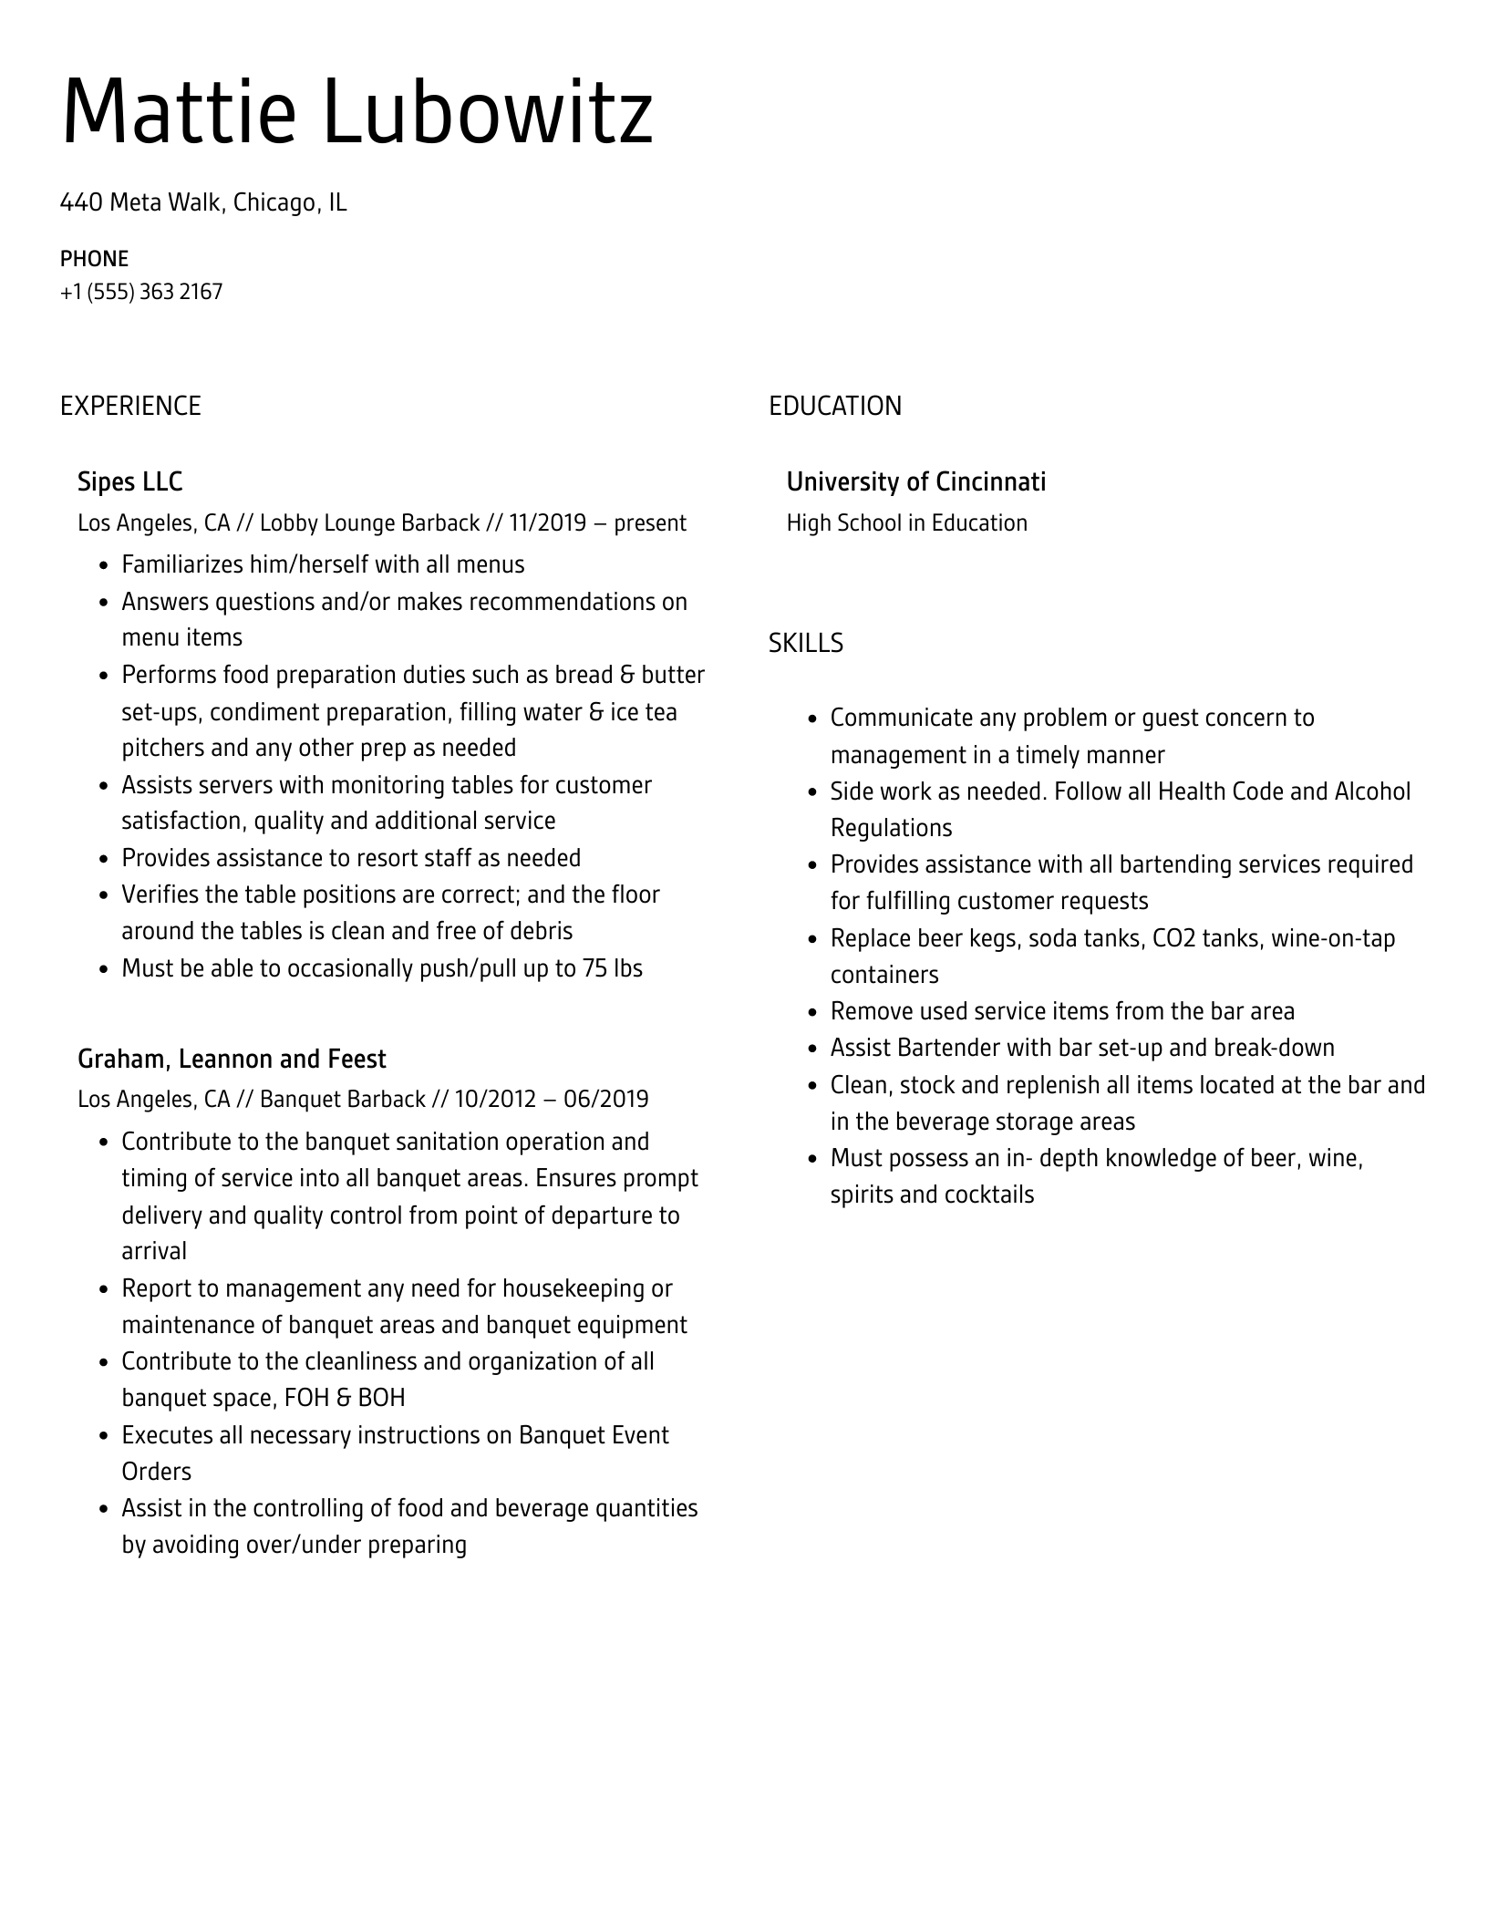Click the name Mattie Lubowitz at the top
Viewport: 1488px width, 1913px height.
(356, 112)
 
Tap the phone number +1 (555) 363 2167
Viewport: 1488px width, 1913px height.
(141, 292)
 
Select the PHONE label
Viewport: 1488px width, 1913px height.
(94, 259)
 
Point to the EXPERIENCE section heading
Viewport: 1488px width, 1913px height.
(130, 406)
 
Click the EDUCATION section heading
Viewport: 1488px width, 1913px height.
(834, 406)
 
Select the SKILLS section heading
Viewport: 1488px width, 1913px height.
(805, 643)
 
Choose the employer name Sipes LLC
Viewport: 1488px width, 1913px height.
(129, 481)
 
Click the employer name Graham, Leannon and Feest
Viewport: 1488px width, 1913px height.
(232, 1059)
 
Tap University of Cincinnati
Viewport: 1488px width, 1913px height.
(915, 481)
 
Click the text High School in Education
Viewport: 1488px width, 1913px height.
(906, 522)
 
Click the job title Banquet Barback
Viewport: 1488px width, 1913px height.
(343, 1099)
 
